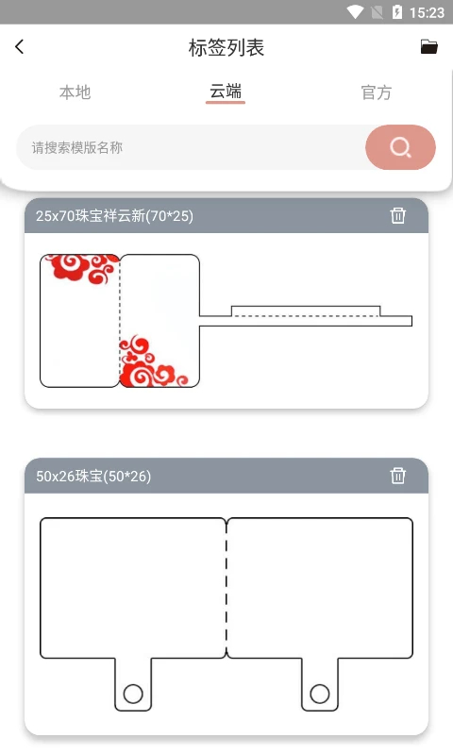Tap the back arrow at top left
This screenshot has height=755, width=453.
pyautogui.click(x=20, y=47)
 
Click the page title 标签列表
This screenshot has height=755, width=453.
pyautogui.click(x=226, y=48)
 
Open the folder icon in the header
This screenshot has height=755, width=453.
pyautogui.click(x=428, y=47)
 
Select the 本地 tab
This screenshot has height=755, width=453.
pyautogui.click(x=75, y=92)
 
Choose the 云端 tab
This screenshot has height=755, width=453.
pyautogui.click(x=226, y=92)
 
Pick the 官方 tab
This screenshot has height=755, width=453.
pyautogui.click(x=376, y=92)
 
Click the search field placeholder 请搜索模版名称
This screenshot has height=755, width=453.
pyautogui.click(x=77, y=147)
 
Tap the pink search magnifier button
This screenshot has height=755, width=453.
pyautogui.click(x=400, y=147)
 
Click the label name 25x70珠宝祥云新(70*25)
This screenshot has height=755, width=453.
pyautogui.click(x=114, y=216)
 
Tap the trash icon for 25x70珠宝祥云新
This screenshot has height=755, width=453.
pyautogui.click(x=398, y=215)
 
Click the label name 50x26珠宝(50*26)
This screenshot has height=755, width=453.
pyautogui.click(x=93, y=477)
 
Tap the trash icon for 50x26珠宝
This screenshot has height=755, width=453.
pyautogui.click(x=398, y=476)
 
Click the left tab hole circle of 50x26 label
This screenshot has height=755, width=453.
pyautogui.click(x=133, y=695)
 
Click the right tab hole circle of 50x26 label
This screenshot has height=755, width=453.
pyautogui.click(x=320, y=695)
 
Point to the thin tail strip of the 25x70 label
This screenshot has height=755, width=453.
pyautogui.click(x=311, y=320)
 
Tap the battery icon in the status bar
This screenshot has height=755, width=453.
pyautogui.click(x=397, y=12)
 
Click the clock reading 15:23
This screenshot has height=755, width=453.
pyautogui.click(x=428, y=12)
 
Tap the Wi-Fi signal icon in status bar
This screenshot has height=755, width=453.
pyautogui.click(x=355, y=12)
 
